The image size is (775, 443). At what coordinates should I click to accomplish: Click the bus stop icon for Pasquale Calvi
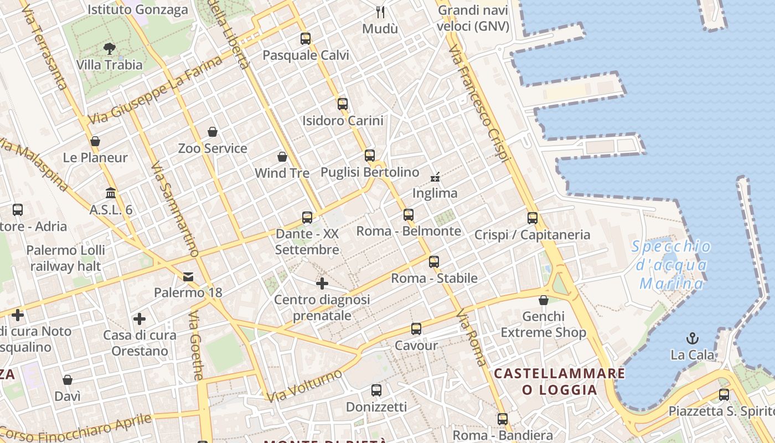306,39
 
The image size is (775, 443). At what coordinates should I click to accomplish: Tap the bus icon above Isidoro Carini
343,104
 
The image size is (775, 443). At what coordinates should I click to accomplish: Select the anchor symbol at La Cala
692,338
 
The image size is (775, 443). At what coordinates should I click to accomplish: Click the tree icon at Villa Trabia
110,49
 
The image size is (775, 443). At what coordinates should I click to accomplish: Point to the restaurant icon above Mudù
380,12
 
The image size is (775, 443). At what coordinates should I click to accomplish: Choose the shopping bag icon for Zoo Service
213,132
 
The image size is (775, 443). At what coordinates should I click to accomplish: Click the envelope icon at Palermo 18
188,276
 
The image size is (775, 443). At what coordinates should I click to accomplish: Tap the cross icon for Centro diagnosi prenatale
322,284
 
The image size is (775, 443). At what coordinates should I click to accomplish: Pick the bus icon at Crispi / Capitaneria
533,218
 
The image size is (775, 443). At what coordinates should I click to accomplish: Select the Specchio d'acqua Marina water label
671,265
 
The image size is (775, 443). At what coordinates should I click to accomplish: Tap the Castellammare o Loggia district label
560,382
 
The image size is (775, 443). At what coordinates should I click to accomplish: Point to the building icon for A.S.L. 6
111,193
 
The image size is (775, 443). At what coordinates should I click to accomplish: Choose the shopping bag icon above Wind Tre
282,157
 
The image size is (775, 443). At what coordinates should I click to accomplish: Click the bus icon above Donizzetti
376,390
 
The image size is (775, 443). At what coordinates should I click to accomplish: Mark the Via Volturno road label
304,386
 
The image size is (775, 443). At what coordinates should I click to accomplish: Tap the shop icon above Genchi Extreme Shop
544,300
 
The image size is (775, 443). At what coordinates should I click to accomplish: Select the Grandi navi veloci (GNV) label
473,18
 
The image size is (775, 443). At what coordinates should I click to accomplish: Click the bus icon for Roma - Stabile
434,262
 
